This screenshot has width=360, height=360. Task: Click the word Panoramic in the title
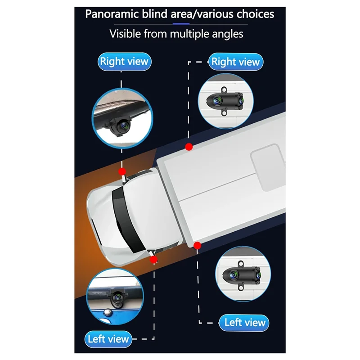point(112,14)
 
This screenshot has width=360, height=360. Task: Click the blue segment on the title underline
point(181,24)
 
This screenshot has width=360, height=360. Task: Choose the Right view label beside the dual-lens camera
point(235,62)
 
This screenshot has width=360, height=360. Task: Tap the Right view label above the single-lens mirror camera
point(124,62)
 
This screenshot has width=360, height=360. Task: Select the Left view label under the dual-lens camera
point(244,323)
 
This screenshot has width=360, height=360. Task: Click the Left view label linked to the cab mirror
point(108,339)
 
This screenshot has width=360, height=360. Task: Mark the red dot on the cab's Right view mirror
point(122,171)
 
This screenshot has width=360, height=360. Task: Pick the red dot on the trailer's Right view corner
point(189,147)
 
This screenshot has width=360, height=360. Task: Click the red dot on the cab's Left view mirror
point(153,260)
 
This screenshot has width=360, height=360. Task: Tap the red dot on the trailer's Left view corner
point(197,246)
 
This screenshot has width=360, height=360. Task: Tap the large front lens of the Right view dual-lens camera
point(217,100)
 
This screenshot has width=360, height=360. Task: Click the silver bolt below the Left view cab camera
point(107,312)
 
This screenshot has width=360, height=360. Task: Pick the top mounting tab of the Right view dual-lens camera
point(224,90)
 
